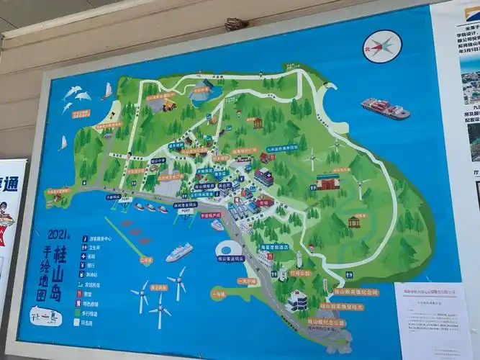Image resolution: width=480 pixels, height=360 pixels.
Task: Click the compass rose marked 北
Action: point(382,47)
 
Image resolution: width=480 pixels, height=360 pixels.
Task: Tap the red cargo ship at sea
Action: point(385,109)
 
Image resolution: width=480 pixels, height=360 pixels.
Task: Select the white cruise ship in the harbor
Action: point(179,252)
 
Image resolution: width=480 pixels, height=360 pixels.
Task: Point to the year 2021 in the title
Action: point(58,235)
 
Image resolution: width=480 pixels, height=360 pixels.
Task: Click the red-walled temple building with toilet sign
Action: point(327,182)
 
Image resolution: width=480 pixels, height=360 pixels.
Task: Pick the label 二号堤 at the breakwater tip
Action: point(147,259)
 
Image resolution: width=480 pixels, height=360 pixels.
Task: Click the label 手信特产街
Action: point(210,215)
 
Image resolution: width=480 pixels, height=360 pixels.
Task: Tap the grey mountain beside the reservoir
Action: point(201,91)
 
